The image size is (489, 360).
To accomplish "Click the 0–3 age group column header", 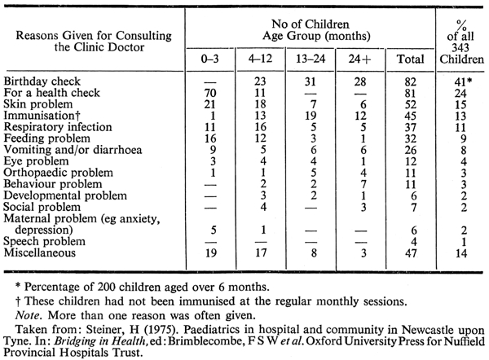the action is point(210,59).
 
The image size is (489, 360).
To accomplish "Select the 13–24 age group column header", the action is point(311,59).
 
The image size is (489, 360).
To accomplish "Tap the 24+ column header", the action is point(360,59).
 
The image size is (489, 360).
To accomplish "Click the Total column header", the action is point(411,59).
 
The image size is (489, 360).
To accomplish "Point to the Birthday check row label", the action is point(42,81).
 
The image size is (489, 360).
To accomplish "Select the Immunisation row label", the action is point(42,116).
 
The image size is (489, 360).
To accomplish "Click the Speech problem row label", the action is point(44,241).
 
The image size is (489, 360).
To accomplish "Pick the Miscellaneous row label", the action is point(40,252).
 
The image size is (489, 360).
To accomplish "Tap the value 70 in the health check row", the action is point(210,93).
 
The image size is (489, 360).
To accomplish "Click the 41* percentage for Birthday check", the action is point(463,81).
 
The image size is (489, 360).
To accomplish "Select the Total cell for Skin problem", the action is point(411,104).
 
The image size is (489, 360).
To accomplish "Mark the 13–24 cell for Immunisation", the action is point(311,116).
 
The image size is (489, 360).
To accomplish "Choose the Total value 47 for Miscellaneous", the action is point(411,252).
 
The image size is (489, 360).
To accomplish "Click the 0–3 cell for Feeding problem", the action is point(210,138).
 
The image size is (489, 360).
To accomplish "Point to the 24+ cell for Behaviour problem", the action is point(363,185).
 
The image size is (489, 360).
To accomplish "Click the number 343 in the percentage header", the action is point(460,48).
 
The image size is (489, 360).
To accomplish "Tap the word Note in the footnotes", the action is point(28,315).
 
